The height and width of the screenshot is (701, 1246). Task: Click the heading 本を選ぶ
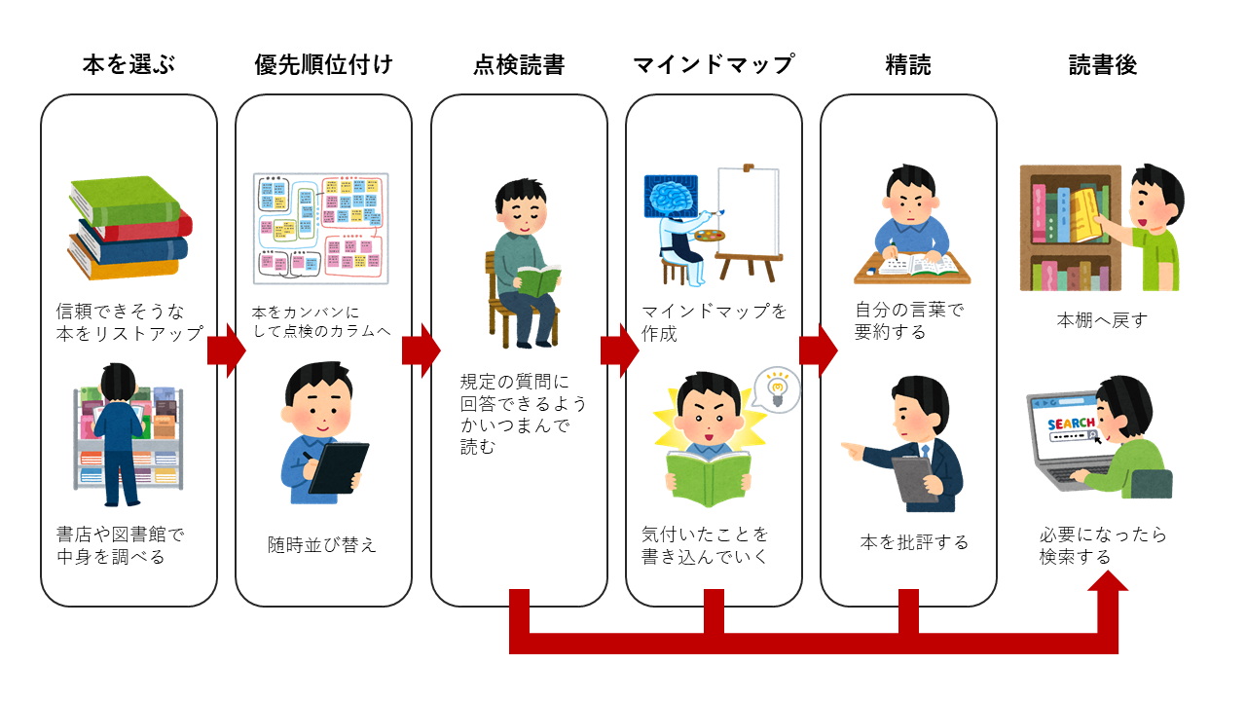tap(128, 65)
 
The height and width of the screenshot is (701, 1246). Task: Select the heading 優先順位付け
tap(323, 65)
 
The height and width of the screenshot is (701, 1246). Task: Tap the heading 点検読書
tap(519, 65)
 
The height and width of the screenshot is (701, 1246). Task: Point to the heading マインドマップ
tap(714, 65)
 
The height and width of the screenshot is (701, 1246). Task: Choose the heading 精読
tap(908, 65)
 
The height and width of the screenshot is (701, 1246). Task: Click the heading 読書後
tap(1103, 65)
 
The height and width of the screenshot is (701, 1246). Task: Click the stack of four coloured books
tap(128, 228)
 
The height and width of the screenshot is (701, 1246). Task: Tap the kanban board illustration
tap(321, 229)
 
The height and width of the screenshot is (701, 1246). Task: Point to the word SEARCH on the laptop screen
tap(1071, 424)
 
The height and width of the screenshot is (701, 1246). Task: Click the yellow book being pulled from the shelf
tap(1084, 213)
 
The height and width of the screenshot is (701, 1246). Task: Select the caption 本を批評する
tap(914, 542)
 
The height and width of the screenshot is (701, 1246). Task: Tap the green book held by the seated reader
tap(538, 280)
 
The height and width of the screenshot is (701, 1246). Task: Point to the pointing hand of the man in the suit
tap(852, 451)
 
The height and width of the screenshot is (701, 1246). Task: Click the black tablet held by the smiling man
tap(338, 467)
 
